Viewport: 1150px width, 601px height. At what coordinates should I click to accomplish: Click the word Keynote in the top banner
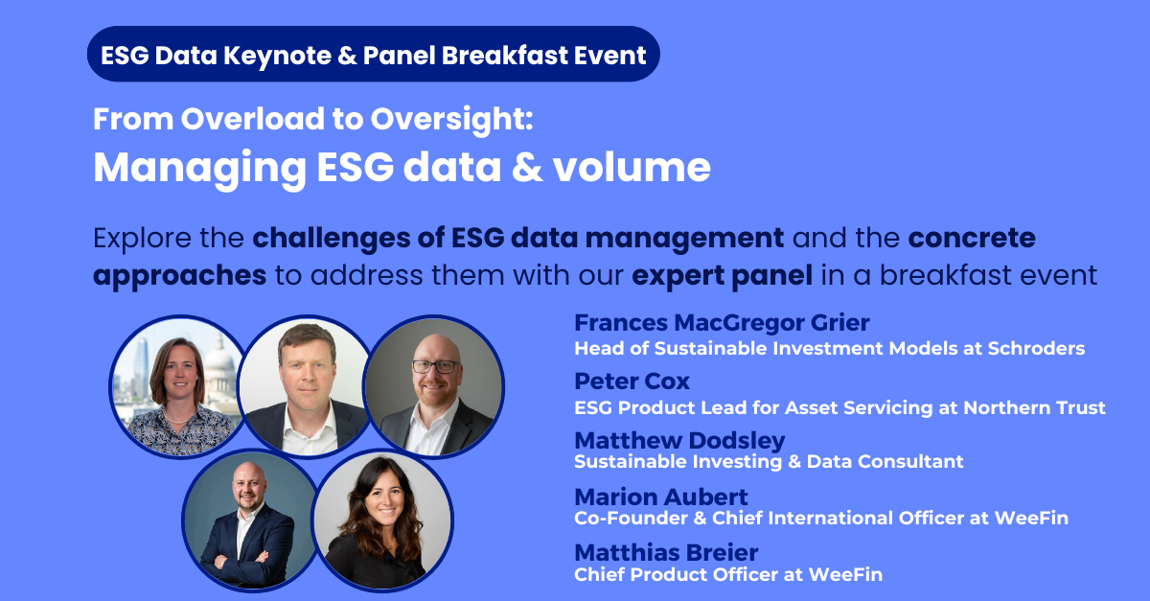tap(277, 56)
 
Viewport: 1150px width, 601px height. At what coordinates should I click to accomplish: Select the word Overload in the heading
tap(252, 119)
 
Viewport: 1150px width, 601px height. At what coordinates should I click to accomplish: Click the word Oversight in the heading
tap(451, 120)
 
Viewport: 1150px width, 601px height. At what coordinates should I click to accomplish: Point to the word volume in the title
tap(632, 167)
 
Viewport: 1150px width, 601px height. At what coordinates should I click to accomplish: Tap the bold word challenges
tap(332, 239)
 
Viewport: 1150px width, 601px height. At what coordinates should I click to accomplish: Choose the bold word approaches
tap(180, 276)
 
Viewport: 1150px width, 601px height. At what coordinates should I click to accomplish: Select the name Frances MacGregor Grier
tap(722, 323)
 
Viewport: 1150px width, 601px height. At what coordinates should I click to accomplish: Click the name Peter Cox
tap(632, 381)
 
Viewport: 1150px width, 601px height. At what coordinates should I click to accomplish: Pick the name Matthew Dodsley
tap(679, 441)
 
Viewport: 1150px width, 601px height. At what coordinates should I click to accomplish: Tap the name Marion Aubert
tap(661, 497)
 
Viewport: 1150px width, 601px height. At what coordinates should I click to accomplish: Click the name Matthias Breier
tap(666, 553)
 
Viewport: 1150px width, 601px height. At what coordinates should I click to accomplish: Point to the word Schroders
tap(1036, 348)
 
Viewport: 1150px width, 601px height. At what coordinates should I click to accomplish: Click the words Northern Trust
tap(1034, 407)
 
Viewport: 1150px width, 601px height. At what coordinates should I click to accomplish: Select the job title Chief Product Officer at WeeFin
tap(728, 574)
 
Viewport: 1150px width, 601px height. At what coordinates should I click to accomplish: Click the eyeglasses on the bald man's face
tap(435, 366)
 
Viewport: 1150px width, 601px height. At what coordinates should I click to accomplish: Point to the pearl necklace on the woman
tap(176, 420)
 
